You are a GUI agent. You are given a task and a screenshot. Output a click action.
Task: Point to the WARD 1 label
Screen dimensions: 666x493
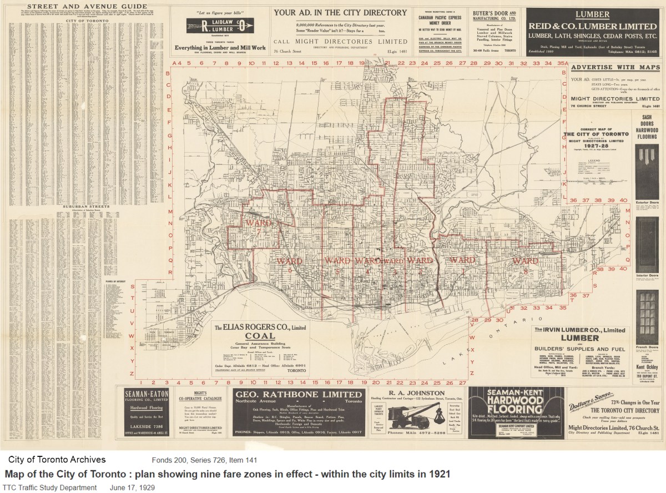point(462,260)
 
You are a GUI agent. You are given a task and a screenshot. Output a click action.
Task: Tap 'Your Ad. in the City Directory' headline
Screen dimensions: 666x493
point(340,12)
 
